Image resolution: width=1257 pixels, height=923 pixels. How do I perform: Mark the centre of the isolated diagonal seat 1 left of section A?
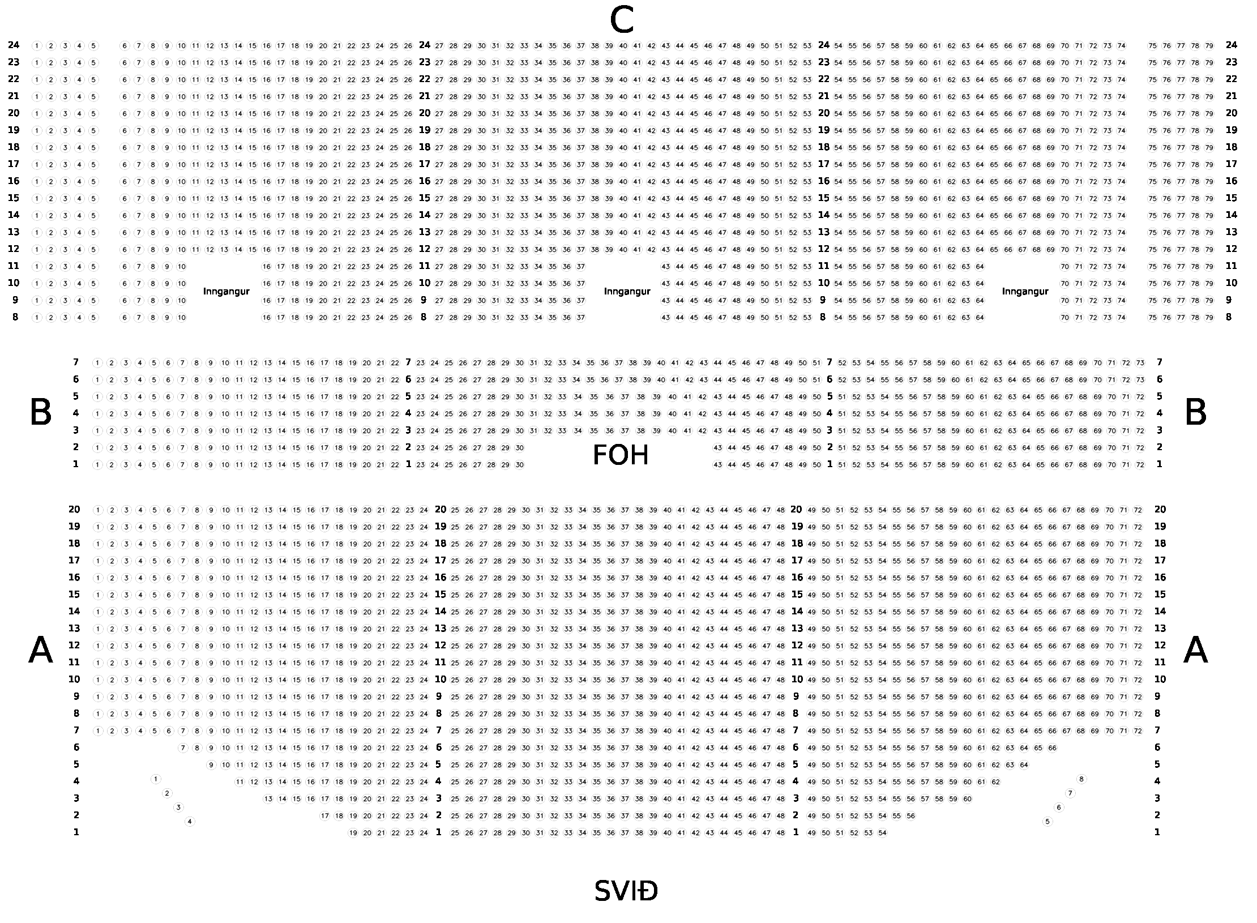(156, 779)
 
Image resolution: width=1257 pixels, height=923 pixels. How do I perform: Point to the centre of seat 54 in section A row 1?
(882, 833)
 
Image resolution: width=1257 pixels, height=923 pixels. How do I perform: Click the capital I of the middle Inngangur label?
(606, 292)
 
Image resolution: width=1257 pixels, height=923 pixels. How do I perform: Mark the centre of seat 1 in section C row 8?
(37, 318)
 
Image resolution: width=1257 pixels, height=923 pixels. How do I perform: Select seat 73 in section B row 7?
(1140, 363)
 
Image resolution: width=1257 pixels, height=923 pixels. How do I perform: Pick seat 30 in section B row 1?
(519, 465)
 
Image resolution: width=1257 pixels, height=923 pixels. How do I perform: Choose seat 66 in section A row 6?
(1052, 748)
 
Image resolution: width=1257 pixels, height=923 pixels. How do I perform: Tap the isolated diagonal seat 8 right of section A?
(1081, 779)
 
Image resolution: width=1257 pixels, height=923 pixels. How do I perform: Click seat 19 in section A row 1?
(353, 833)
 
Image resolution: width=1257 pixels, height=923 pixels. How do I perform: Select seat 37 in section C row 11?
(580, 267)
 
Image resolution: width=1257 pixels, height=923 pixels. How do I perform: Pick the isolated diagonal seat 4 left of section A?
(190, 821)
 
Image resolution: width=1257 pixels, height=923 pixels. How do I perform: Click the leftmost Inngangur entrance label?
(226, 292)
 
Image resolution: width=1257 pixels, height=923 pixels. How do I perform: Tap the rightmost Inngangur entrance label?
(1025, 292)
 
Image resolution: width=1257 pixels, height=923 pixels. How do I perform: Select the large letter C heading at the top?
(621, 21)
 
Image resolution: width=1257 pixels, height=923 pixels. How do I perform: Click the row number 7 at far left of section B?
(76, 362)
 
